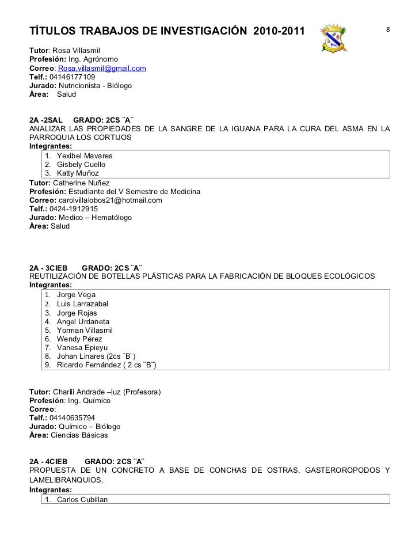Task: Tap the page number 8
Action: [388, 29]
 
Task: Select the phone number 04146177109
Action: [73, 77]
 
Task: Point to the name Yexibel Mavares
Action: [85, 155]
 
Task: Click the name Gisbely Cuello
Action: [81, 164]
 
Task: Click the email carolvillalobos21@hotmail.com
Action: [111, 200]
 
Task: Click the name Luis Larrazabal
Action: [82, 303]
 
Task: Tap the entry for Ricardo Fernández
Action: [107, 365]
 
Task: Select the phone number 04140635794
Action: [73, 418]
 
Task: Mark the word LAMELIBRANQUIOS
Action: [66, 480]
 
